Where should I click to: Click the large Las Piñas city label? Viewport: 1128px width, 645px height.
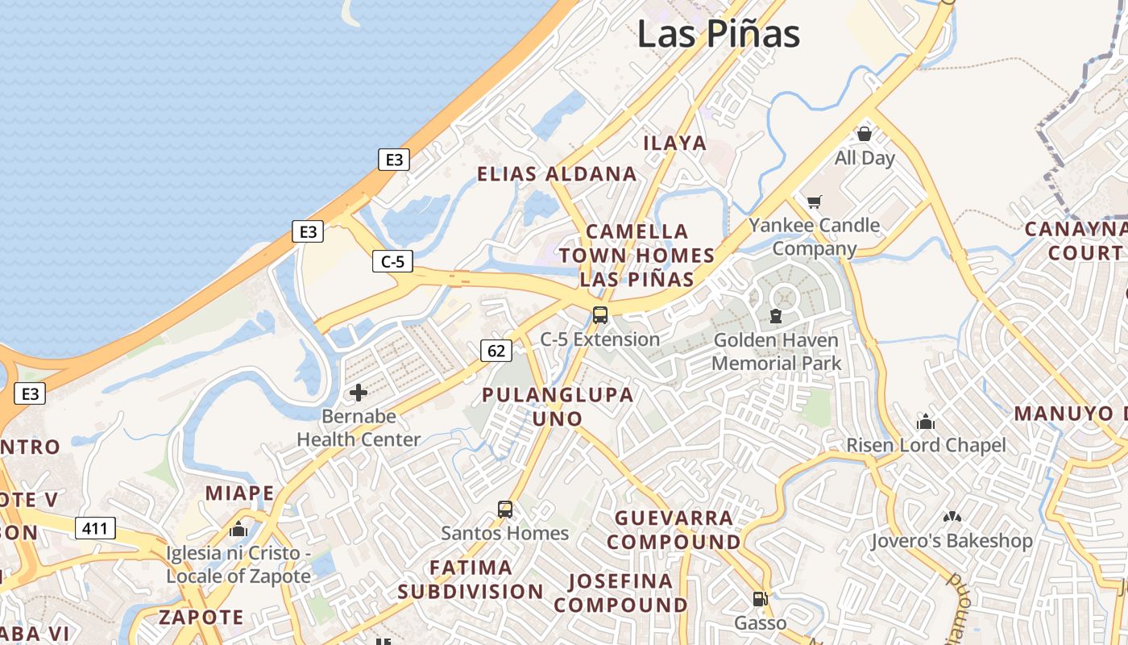(719, 34)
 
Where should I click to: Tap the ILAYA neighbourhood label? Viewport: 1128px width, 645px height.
(675, 144)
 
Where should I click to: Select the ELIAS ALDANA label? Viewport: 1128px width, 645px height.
(557, 174)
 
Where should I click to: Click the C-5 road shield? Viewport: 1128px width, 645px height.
(393, 261)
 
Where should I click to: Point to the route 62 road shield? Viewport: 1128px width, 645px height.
(496, 350)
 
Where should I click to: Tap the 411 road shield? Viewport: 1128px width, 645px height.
(95, 529)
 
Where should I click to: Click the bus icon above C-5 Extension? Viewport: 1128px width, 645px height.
(600, 315)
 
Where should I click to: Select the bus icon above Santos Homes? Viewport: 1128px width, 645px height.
(505, 510)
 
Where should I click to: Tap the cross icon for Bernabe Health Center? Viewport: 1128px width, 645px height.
(359, 393)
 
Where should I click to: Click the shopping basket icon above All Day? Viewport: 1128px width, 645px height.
(865, 134)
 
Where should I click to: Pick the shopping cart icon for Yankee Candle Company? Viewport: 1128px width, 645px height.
(815, 201)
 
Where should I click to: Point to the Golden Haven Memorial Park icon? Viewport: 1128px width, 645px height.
(776, 316)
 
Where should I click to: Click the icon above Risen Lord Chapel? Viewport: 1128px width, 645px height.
(926, 422)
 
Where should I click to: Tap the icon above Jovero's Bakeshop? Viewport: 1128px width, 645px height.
(952, 516)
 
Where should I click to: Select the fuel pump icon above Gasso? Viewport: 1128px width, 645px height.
(760, 599)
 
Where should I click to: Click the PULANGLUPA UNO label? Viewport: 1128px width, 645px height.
(558, 407)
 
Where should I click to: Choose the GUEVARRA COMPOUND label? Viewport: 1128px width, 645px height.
(674, 530)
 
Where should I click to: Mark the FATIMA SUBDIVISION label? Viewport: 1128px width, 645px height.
(471, 580)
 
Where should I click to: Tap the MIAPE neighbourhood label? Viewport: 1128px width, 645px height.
(240, 493)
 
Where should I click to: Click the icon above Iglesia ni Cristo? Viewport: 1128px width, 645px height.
(238, 530)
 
